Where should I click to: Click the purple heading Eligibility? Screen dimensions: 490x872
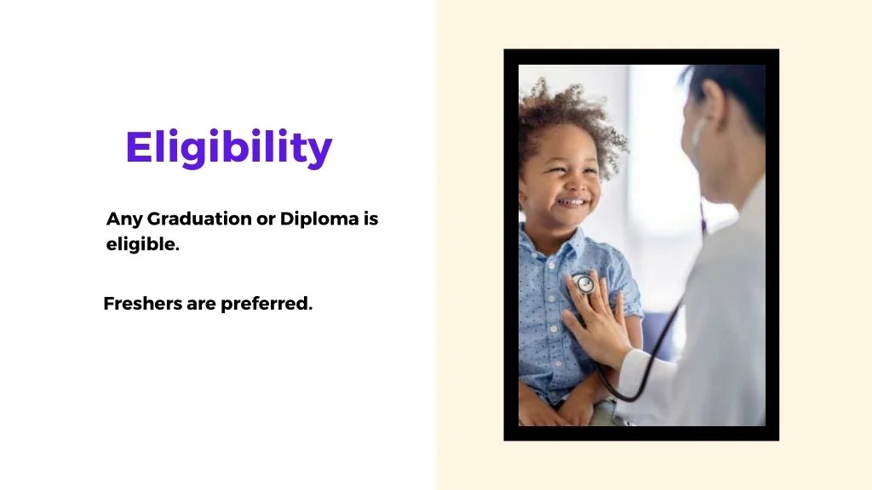(228, 148)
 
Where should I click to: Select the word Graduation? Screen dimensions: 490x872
(200, 219)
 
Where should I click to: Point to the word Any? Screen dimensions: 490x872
(123, 219)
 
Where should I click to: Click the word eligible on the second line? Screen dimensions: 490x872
(141, 246)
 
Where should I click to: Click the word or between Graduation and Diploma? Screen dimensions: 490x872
(266, 219)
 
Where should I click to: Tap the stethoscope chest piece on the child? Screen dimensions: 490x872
(583, 282)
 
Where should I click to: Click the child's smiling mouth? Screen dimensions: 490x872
(571, 204)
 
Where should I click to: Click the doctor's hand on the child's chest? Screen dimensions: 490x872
(600, 319)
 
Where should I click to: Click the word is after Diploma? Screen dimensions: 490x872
(370, 219)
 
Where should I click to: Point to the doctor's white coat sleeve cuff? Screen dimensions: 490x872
(634, 374)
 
